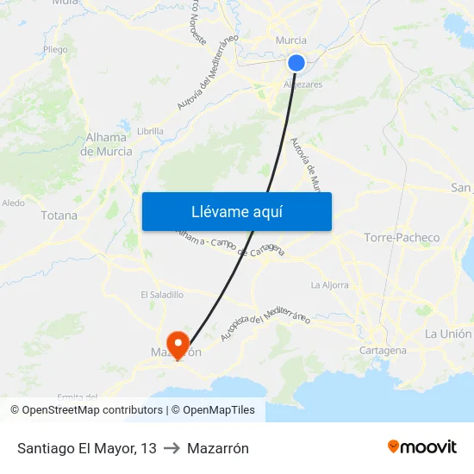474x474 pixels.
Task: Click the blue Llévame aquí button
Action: coord(236,211)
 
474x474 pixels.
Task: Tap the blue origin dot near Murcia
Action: coord(296,62)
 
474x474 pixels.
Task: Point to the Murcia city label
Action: coord(290,41)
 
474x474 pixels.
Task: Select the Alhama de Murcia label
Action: coord(107,144)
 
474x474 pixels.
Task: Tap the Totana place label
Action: coord(59,215)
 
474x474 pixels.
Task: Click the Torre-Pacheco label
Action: coord(402,237)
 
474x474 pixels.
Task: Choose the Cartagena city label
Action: coord(384,351)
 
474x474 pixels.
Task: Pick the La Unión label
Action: coord(447,334)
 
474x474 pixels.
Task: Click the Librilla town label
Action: coord(150,131)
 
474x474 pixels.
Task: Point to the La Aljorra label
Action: coord(329,284)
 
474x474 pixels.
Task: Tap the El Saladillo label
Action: coord(162,295)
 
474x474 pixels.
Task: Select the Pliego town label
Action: coord(55,50)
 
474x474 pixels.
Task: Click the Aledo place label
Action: coord(14,203)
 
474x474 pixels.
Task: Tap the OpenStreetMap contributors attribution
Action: coord(86,410)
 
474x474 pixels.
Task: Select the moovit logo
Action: coord(421,446)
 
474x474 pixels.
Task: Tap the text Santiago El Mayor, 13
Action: coord(86,448)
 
